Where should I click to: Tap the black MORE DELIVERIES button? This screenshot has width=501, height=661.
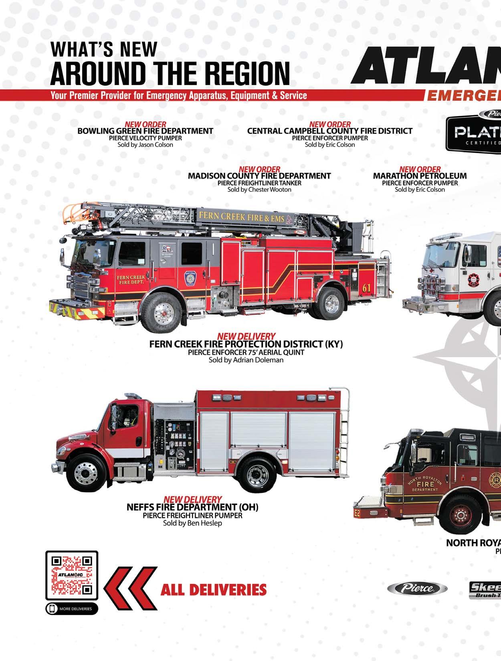[72, 608]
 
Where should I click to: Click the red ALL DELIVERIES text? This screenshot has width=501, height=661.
[213, 590]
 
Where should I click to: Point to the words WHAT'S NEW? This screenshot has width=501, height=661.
[103, 49]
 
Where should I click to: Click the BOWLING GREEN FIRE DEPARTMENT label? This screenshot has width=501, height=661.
[145, 131]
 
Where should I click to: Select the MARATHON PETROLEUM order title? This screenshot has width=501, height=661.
[420, 176]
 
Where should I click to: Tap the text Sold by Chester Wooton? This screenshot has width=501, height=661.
[259, 190]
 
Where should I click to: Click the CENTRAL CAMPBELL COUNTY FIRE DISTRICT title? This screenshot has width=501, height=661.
[329, 131]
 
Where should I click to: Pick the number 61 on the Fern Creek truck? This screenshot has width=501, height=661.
[366, 288]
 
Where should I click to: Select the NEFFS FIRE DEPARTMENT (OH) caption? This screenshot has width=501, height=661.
[192, 507]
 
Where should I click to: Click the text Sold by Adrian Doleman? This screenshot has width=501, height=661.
[246, 360]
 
